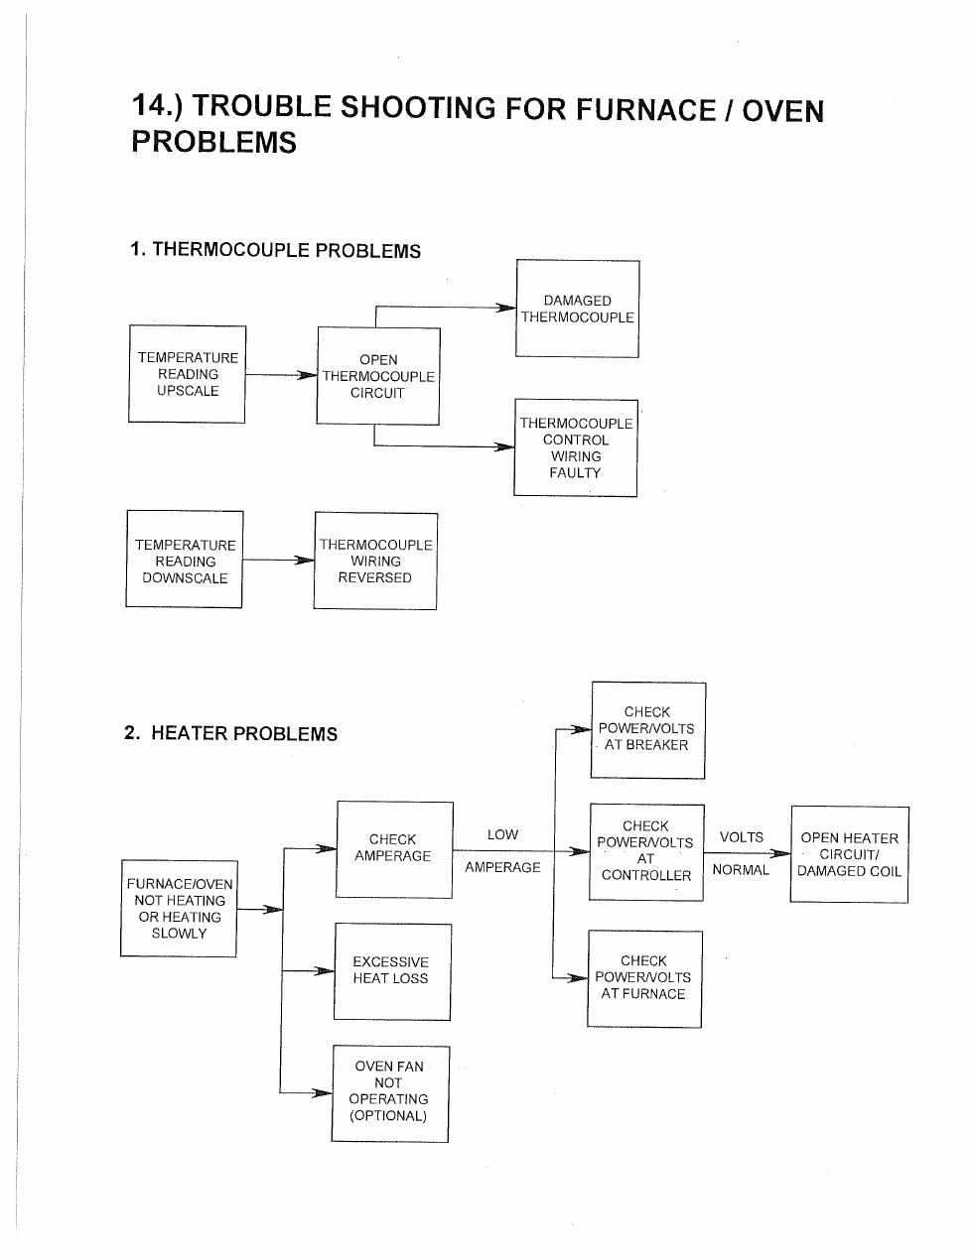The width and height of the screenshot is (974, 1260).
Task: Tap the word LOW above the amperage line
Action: point(502,834)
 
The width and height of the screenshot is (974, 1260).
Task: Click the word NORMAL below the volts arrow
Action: point(741,870)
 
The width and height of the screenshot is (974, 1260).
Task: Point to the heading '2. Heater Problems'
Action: point(230,733)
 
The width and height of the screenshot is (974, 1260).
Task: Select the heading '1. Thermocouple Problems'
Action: point(276,250)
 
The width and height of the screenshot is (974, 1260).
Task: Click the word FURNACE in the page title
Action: point(645,109)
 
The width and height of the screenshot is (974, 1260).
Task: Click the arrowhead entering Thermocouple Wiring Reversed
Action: point(305,561)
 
